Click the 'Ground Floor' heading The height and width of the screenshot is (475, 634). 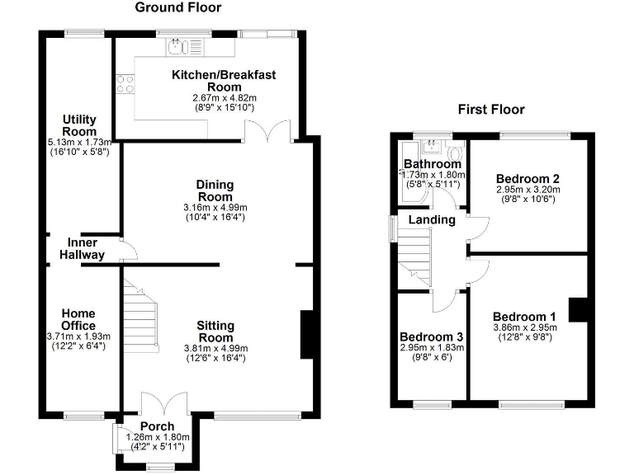click(178, 8)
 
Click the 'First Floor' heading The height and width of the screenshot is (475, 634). click(491, 110)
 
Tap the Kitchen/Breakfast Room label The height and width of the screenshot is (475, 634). click(223, 81)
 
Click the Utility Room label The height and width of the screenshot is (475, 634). click(79, 125)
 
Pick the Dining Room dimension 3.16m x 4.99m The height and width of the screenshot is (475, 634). click(215, 207)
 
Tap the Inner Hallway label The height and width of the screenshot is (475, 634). click(83, 249)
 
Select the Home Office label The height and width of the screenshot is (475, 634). click(79, 319)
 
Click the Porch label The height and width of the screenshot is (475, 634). click(157, 426)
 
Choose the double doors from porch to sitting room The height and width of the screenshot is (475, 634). click(163, 404)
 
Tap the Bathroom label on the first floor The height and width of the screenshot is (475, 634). click(432, 163)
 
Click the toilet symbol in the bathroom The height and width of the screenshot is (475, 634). click(453, 153)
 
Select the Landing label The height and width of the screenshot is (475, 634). click(432, 220)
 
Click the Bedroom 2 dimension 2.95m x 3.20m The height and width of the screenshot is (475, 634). click(528, 189)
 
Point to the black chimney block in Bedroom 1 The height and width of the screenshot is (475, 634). click(580, 309)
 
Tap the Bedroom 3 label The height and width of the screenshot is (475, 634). click(431, 337)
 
